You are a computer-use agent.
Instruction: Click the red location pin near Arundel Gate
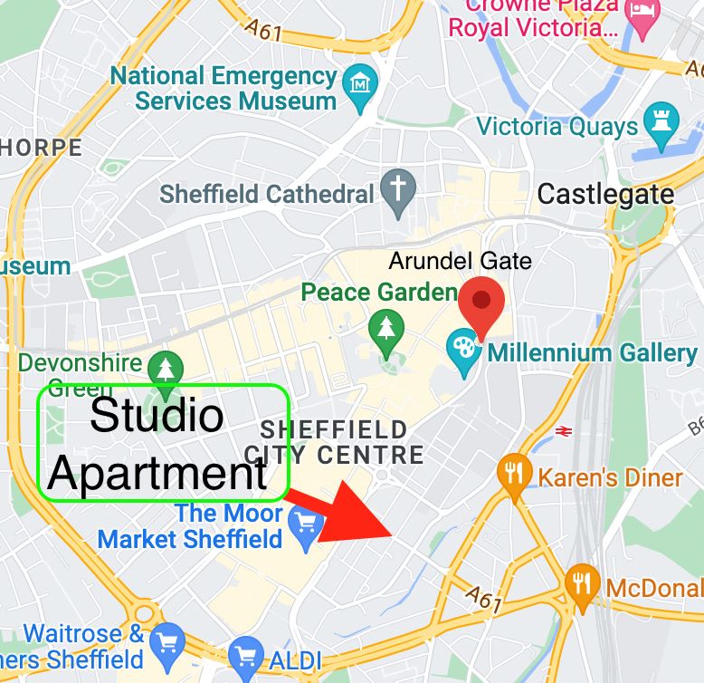[x=481, y=303]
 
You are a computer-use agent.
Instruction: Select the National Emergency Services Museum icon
[x=362, y=85]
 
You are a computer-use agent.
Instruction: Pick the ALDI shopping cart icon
[x=245, y=655]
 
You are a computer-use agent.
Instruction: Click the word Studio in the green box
[x=157, y=416]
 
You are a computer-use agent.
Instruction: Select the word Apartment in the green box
[x=157, y=472]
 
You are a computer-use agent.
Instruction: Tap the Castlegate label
[x=605, y=193]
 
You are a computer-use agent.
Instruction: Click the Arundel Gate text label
[x=460, y=262]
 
